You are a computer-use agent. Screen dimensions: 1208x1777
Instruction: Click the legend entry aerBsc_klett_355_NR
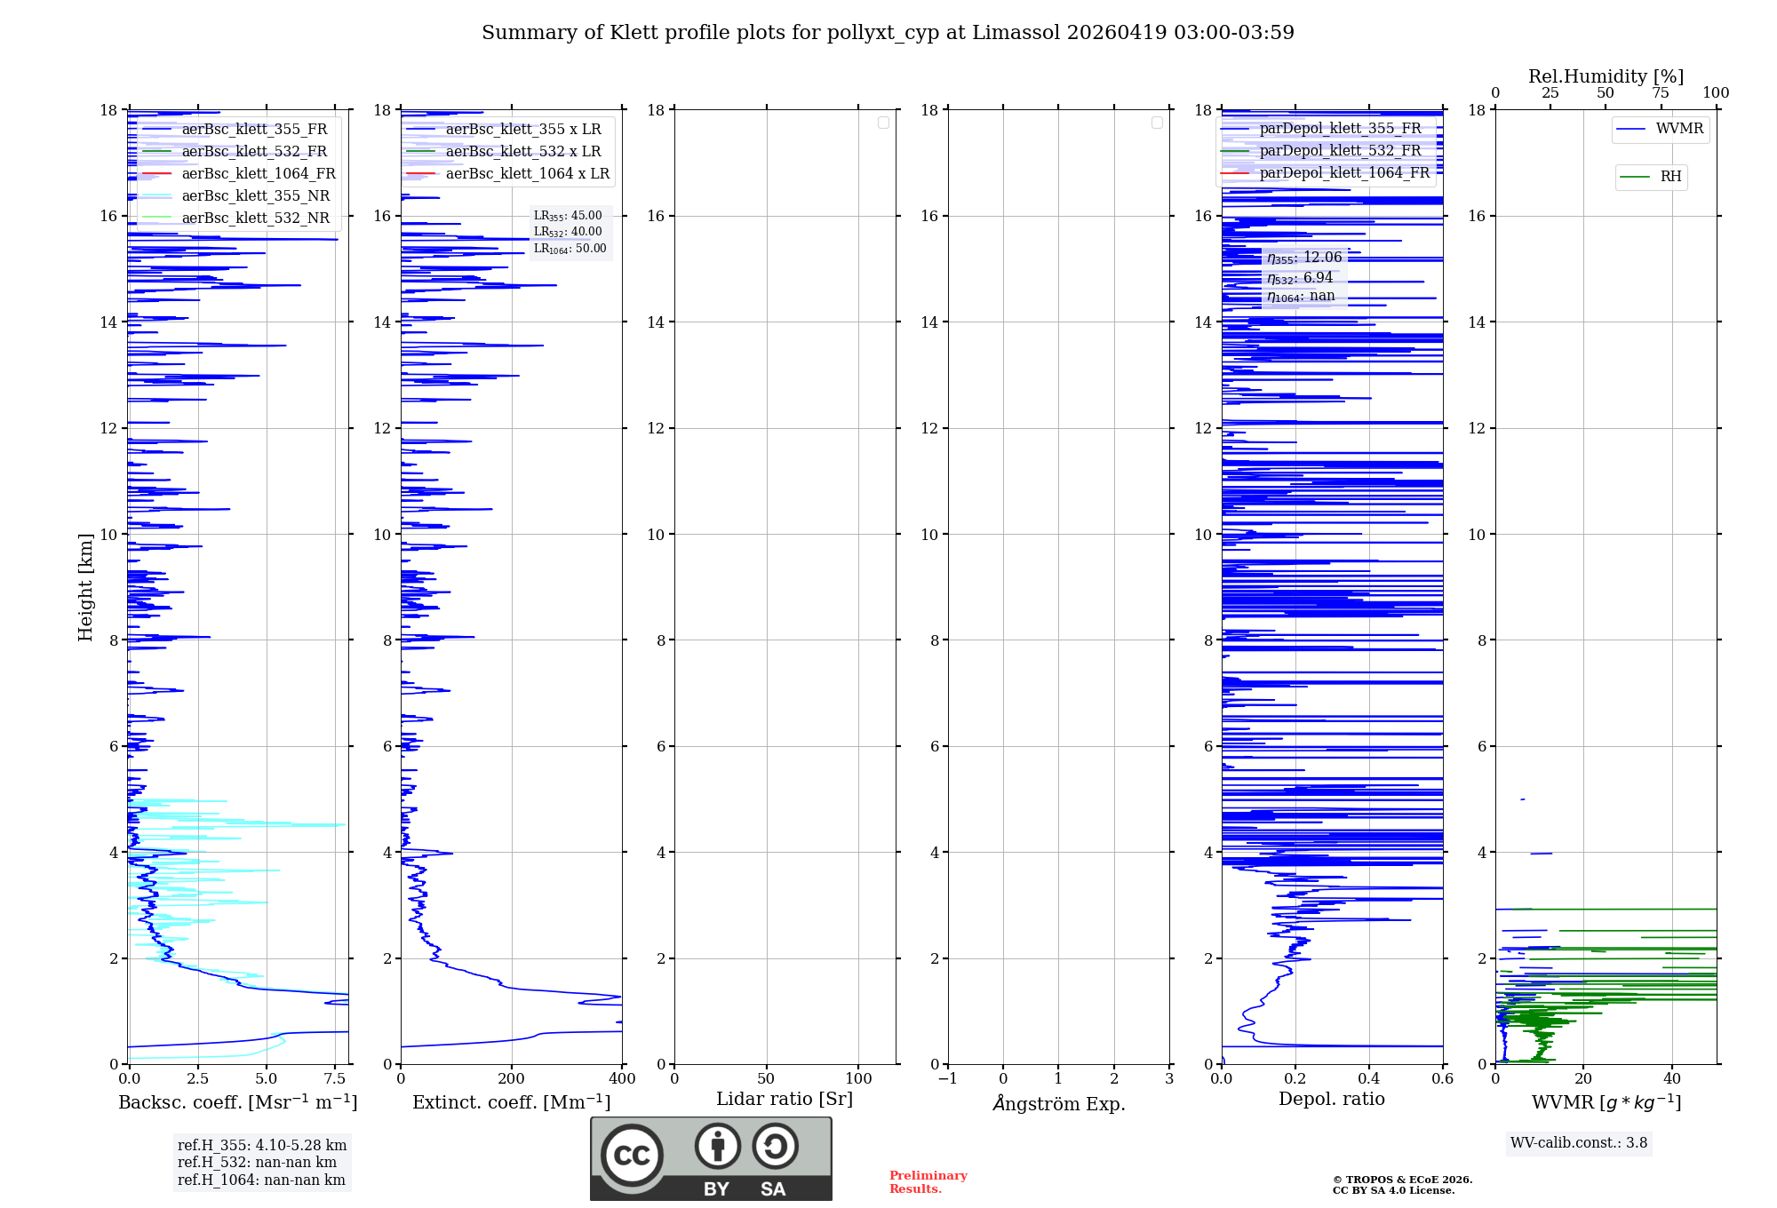click(x=255, y=196)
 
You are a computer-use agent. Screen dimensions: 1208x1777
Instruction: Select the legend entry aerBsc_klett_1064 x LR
click(x=527, y=174)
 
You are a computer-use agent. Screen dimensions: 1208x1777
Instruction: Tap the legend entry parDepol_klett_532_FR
click(x=1340, y=151)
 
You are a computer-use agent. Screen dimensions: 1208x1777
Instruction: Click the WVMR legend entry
click(x=1678, y=129)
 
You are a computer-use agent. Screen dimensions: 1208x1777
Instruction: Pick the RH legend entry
click(x=1669, y=177)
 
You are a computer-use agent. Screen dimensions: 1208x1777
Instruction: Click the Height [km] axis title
click(x=85, y=587)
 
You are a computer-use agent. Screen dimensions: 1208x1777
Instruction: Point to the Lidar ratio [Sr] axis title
click(x=784, y=1100)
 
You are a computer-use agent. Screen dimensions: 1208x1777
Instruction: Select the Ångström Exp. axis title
click(x=1058, y=1103)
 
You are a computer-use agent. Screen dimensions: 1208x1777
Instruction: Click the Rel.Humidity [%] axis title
click(x=1606, y=76)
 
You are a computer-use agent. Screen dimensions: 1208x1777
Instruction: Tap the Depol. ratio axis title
click(x=1331, y=1100)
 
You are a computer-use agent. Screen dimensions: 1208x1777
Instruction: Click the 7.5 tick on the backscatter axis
click(x=335, y=1079)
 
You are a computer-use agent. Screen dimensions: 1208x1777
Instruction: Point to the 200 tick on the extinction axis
click(x=512, y=1079)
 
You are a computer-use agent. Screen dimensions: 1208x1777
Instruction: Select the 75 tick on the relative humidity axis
click(x=1660, y=93)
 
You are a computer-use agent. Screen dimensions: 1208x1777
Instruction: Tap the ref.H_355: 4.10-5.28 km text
click(x=262, y=1146)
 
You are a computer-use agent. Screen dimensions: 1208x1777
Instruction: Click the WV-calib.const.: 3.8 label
click(x=1579, y=1143)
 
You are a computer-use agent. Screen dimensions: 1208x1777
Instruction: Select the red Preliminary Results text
click(x=928, y=1182)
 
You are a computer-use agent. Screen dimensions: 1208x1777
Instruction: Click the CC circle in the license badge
click(x=632, y=1156)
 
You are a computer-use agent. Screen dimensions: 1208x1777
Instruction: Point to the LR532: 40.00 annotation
click(x=568, y=232)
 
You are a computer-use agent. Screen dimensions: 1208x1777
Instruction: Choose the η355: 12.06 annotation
click(x=1304, y=258)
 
